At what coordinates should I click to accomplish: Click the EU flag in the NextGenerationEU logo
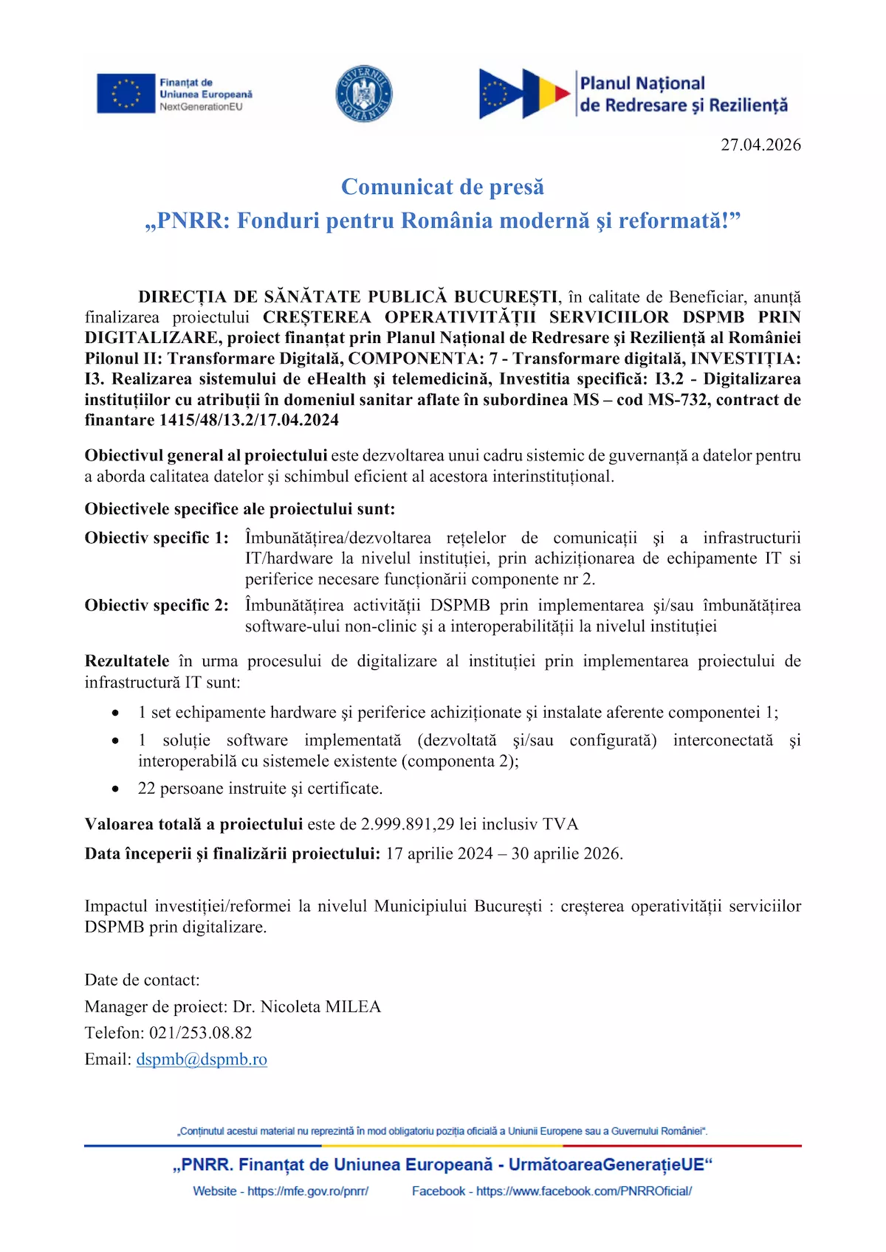coord(126,94)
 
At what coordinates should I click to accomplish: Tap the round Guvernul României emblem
coord(363,94)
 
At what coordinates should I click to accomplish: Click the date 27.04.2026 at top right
coord(760,145)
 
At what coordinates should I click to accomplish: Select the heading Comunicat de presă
coord(442,187)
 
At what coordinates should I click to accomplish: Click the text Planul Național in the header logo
coord(642,83)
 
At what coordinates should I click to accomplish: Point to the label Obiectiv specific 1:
coord(157,538)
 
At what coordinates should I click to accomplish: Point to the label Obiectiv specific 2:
coord(157,606)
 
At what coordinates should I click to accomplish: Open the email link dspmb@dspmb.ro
coord(202,1059)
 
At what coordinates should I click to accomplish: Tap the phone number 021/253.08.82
coord(201,1033)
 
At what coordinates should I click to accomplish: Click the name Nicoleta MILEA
coord(320,1007)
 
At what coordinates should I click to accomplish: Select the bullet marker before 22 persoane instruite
coord(115,789)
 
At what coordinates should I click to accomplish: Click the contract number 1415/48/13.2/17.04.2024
coord(249,421)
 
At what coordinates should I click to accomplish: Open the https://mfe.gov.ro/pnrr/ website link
coord(308,1191)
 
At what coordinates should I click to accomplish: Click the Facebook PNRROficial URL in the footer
coord(583,1191)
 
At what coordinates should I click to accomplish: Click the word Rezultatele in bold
coord(127,661)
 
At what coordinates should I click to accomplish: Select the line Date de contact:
coord(142,980)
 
